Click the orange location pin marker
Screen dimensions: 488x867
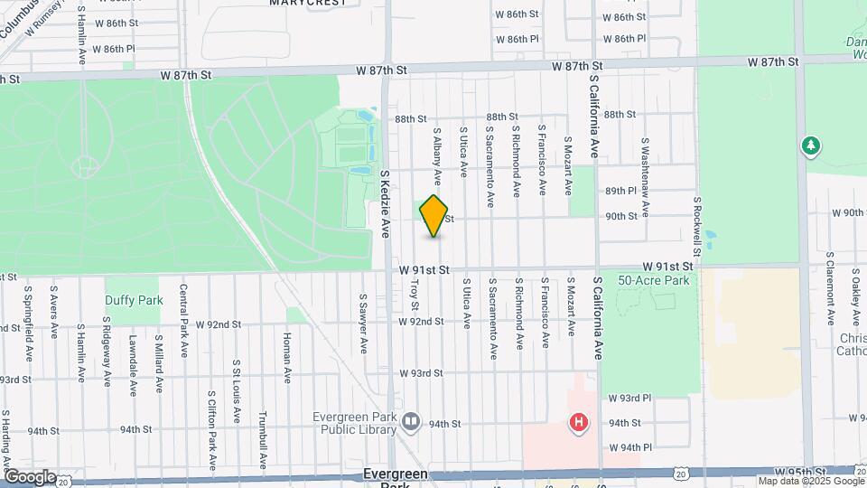pos(434,216)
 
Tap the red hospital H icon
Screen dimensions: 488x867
pos(579,422)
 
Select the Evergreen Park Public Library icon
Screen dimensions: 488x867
pos(411,422)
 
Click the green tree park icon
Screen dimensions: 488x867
pos(811,145)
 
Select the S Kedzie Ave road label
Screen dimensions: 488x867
pos(384,204)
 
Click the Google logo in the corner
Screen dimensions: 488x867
pos(29,476)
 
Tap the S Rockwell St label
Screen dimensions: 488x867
pos(698,226)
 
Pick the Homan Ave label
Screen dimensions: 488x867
pos(288,353)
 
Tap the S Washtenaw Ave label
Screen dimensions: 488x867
pos(646,167)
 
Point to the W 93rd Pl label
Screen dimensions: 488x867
pos(629,398)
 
